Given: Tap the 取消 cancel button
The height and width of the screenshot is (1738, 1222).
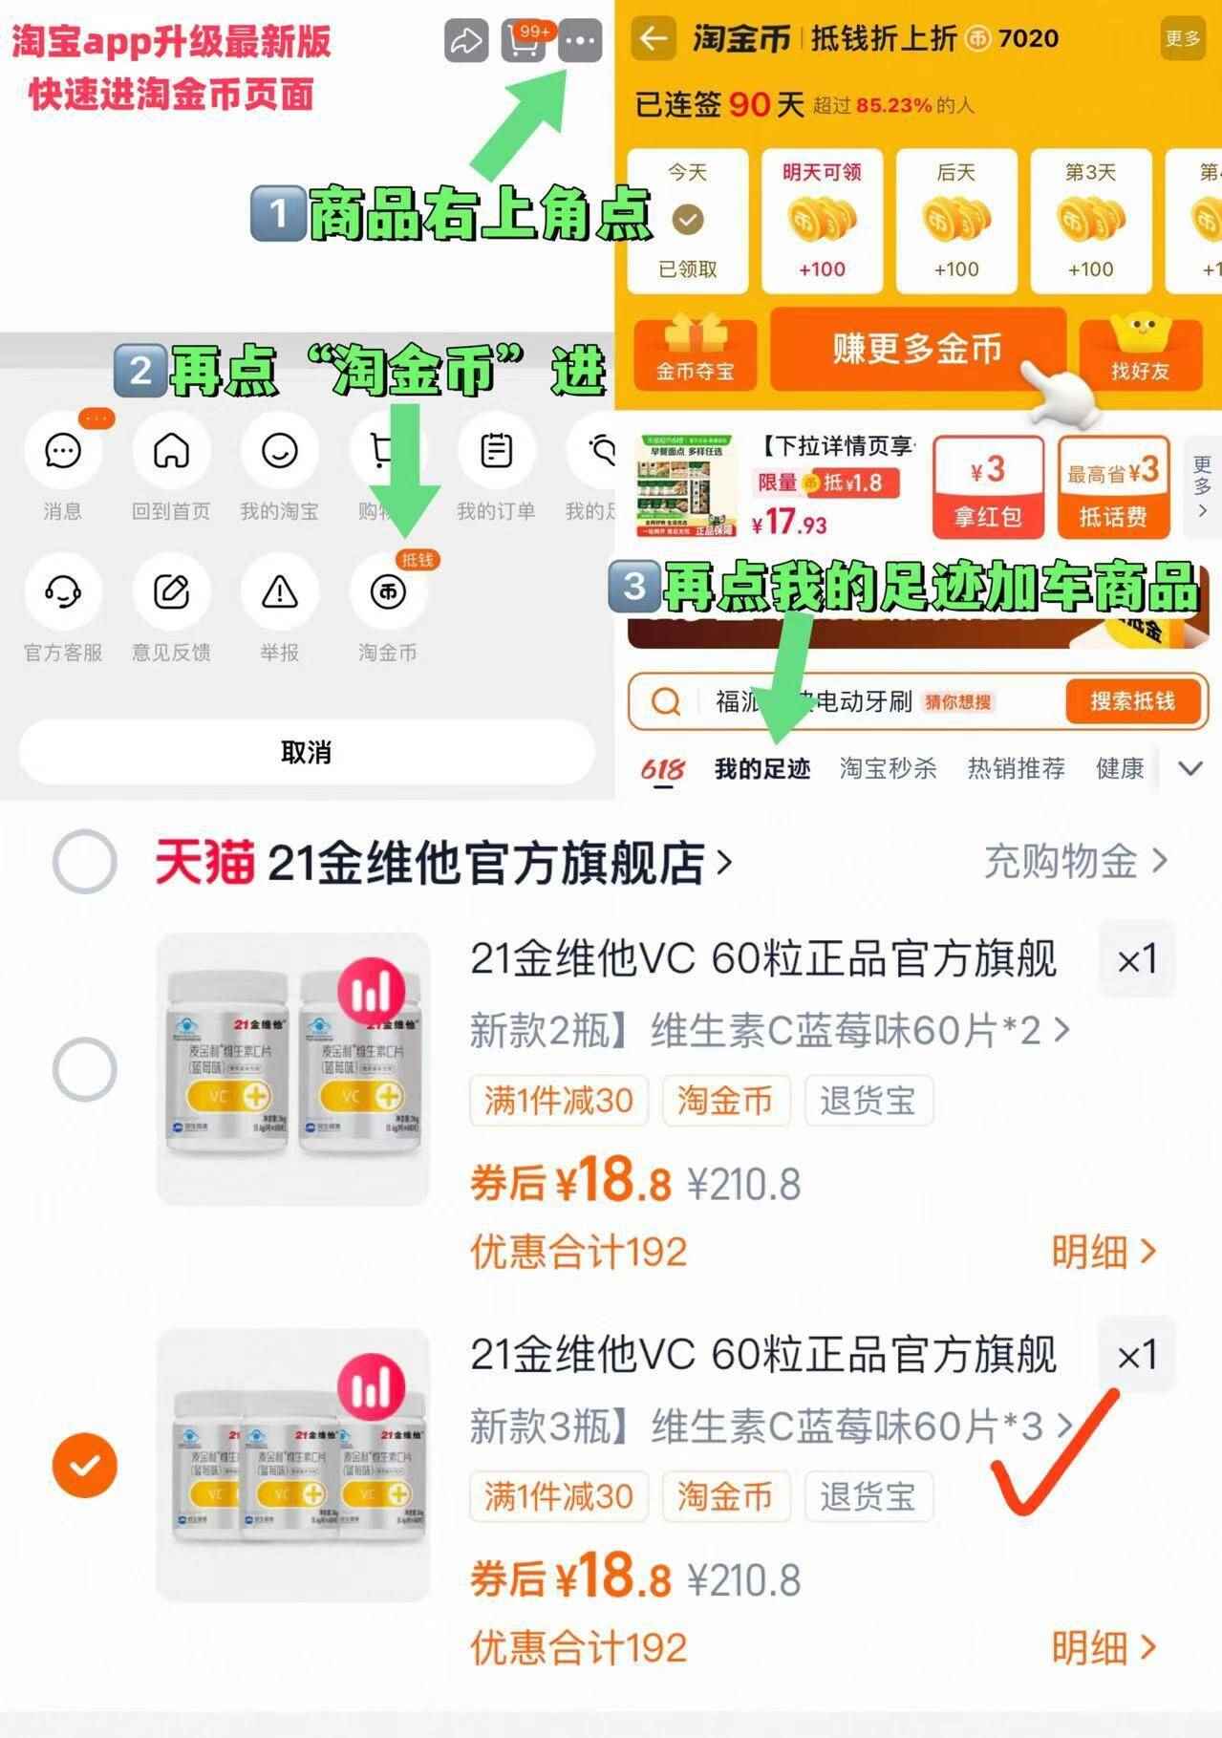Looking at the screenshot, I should [306, 752].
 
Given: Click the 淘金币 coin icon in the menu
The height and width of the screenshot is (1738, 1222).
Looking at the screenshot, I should [388, 592].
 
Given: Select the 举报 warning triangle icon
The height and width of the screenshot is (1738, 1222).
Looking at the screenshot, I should [280, 592].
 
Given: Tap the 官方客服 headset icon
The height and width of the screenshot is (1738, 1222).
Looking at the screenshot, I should [63, 592].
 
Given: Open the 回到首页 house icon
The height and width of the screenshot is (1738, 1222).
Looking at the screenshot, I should [172, 451].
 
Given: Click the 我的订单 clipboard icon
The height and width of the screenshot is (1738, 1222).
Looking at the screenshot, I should [496, 451].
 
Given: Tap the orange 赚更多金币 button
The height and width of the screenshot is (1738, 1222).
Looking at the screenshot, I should [917, 349].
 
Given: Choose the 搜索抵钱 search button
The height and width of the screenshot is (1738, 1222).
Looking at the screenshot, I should [1133, 701].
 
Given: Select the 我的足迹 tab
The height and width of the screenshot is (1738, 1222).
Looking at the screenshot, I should [762, 768].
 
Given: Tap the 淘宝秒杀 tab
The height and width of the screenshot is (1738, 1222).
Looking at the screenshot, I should [888, 768].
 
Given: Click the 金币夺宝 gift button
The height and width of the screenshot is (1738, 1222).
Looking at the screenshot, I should [695, 354].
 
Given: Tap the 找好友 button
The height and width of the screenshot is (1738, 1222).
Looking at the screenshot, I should [1140, 354].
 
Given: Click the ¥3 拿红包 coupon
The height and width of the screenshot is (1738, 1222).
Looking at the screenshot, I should [988, 487].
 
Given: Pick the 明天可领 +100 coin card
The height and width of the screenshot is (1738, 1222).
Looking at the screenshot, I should [822, 221].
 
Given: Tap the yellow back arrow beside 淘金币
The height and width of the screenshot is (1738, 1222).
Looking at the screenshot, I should [654, 39].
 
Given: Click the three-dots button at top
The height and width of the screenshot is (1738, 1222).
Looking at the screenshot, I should [580, 41].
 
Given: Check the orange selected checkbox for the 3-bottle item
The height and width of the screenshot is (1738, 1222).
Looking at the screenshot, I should [85, 1465].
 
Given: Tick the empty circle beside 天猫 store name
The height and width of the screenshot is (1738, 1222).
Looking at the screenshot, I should [85, 861].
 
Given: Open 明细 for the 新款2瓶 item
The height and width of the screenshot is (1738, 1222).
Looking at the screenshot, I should [1104, 1251].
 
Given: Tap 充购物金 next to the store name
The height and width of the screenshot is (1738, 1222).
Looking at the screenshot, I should [1076, 861].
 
